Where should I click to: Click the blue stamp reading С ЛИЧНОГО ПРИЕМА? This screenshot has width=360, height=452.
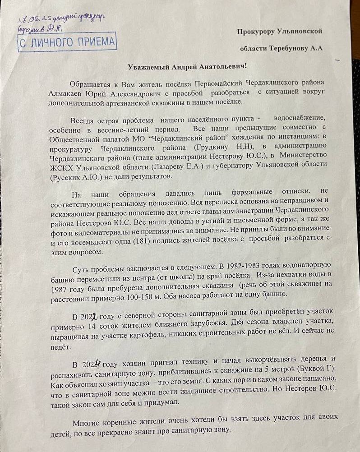[67, 43]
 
